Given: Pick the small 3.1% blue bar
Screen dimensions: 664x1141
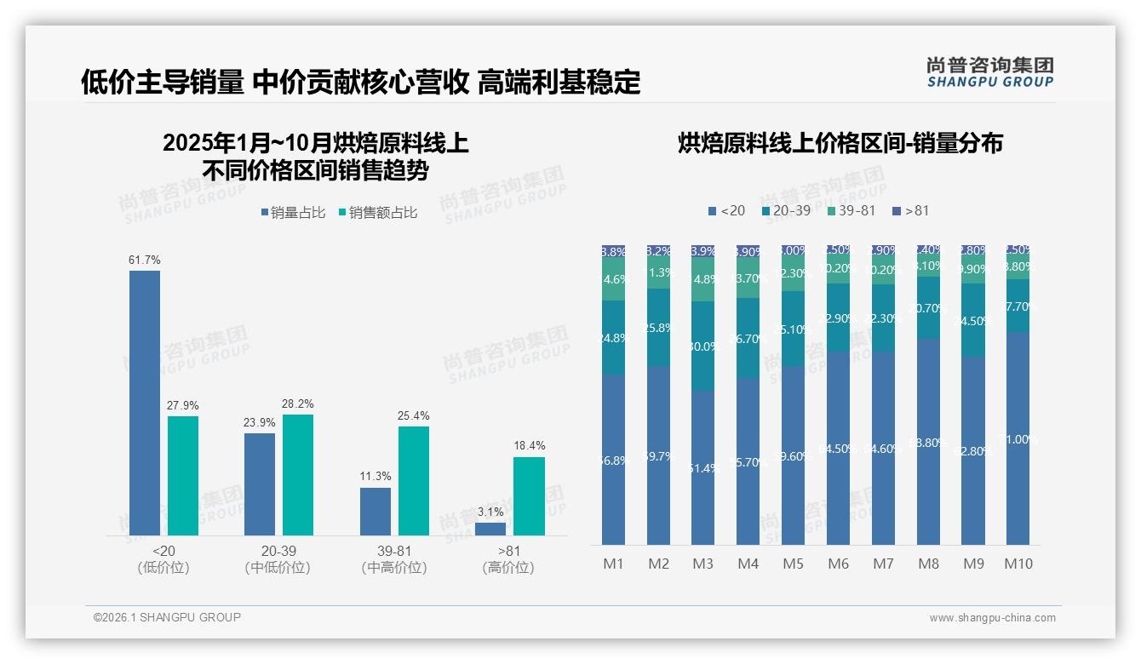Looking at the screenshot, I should pyautogui.click(x=490, y=529).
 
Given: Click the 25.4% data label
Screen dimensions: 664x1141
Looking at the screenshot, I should pyautogui.click(x=413, y=416).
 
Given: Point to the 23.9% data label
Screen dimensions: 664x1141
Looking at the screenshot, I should pyautogui.click(x=260, y=423).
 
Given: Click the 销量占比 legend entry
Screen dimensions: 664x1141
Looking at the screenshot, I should pyautogui.click(x=293, y=213).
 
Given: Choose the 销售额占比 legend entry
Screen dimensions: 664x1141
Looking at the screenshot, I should pyautogui.click(x=378, y=213).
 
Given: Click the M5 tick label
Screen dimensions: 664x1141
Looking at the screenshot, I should pyautogui.click(x=793, y=564).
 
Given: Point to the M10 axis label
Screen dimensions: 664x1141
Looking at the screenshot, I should pyautogui.click(x=1018, y=564).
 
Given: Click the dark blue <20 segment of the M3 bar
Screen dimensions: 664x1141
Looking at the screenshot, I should pyautogui.click(x=702, y=467).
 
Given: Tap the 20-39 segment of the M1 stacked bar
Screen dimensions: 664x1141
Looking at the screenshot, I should pyautogui.click(x=613, y=337).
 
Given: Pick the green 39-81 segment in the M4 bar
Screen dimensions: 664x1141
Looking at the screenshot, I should pyautogui.click(x=748, y=278).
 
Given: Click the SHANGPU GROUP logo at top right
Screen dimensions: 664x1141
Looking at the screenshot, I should pyautogui.click(x=990, y=72).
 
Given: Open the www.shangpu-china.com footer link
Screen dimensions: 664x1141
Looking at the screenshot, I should pyautogui.click(x=992, y=618).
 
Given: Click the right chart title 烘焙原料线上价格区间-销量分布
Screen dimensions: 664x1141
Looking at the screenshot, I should pyautogui.click(x=840, y=143).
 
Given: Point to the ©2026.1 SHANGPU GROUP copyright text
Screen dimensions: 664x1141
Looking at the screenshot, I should pyautogui.click(x=167, y=617).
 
